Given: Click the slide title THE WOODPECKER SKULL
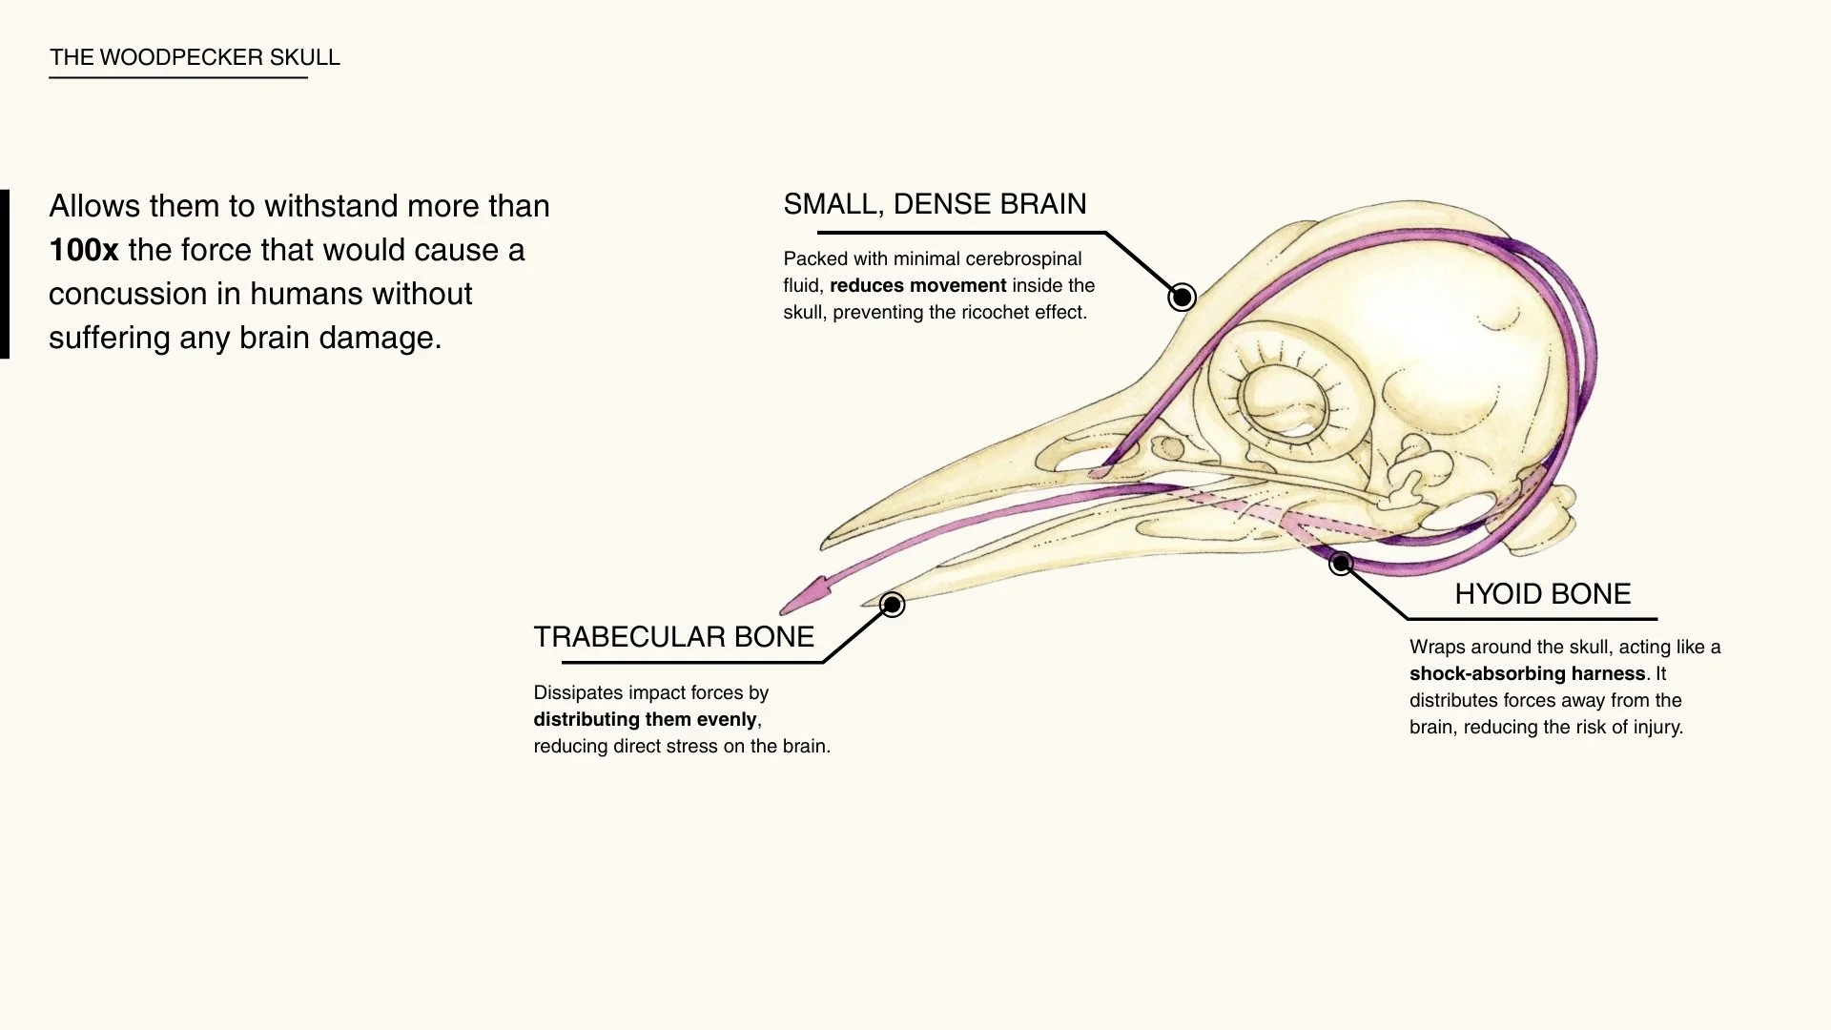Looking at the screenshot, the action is point(195,57).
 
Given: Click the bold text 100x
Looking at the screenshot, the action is point(84,251).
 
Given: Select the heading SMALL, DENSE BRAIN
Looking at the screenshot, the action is point(935,204).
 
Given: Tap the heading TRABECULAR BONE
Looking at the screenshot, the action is point(673,637).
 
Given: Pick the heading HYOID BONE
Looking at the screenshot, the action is point(1542,594).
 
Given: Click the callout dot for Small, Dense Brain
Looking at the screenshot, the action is point(1182,298).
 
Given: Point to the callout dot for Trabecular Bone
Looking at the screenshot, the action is point(892,605).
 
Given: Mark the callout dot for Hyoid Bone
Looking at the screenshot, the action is point(1341,564).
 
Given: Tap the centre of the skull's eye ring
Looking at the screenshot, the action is point(1284,400).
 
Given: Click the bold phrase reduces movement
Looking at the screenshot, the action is point(917,286).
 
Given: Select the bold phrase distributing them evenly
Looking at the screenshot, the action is point(645,720).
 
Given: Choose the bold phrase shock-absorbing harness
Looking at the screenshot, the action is point(1527,674).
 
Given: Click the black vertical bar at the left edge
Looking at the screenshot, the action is point(5,274).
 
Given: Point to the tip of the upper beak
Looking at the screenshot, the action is point(824,545).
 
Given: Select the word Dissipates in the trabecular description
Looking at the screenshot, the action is point(579,693).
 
